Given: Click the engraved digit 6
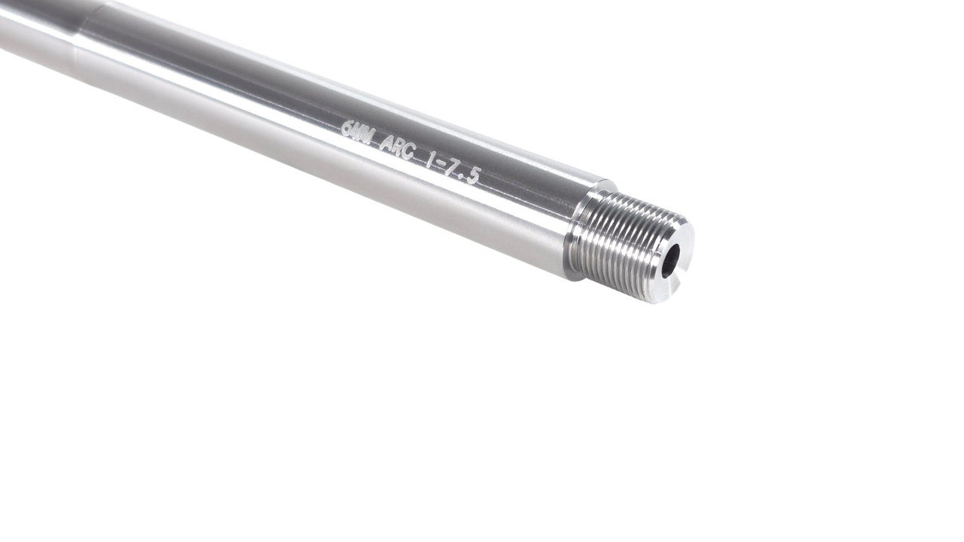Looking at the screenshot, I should pyautogui.click(x=347, y=129).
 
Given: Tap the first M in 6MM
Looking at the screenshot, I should pyautogui.click(x=359, y=133).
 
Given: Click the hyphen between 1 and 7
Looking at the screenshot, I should pyautogui.click(x=441, y=165).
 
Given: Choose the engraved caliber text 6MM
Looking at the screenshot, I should pyautogui.click(x=359, y=133).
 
